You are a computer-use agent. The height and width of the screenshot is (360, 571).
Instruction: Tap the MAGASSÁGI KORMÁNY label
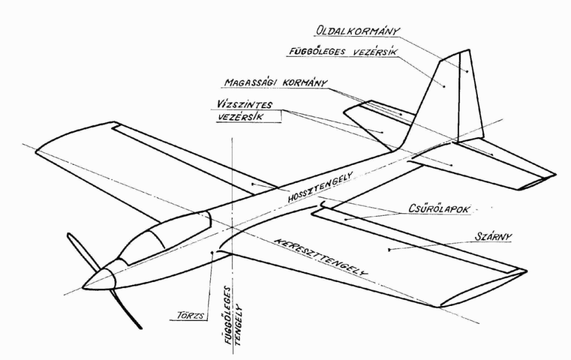[275, 83]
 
